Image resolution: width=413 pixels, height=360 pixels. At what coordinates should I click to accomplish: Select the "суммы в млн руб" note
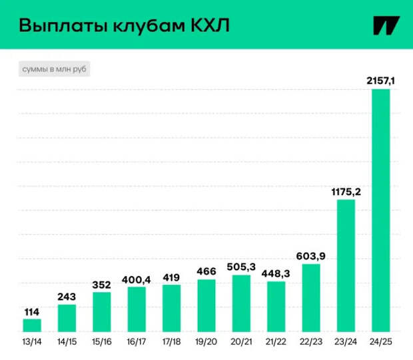pos(51,69)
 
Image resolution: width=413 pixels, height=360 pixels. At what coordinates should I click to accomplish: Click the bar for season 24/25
pos(380,210)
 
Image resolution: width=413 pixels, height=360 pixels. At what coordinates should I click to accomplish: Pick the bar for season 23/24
pos(345,265)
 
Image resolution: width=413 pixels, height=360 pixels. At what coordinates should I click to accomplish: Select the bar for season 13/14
pos(32,325)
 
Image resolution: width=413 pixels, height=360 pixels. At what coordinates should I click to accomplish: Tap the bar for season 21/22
pos(276,306)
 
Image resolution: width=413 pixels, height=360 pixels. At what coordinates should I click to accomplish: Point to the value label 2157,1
pos(380,81)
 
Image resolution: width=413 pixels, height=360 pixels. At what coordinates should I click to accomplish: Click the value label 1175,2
pos(345,192)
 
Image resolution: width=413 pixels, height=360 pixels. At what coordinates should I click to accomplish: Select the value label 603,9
pos(310,257)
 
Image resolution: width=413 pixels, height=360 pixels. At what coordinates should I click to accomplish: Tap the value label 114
pos(32,311)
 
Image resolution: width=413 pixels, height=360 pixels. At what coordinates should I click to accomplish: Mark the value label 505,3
pos(240,268)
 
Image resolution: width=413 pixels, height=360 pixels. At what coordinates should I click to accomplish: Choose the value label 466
pos(206,271)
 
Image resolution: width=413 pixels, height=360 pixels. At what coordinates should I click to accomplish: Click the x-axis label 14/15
pos(67,341)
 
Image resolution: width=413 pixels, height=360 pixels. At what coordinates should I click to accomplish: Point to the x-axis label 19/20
pos(206,341)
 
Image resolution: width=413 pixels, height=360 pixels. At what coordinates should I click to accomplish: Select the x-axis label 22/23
pos(310,341)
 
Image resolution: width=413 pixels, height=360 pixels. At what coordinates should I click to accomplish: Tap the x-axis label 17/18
pos(171,341)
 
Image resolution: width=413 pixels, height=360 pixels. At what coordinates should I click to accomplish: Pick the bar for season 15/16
pos(101,311)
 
